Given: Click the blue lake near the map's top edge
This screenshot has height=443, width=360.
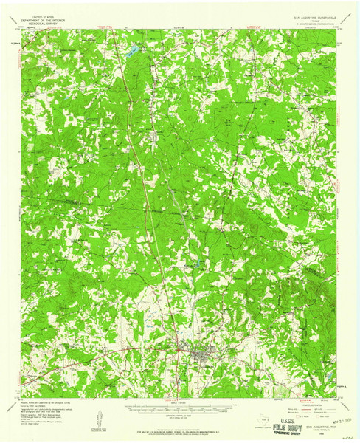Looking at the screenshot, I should pyautogui.click(x=131, y=51).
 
